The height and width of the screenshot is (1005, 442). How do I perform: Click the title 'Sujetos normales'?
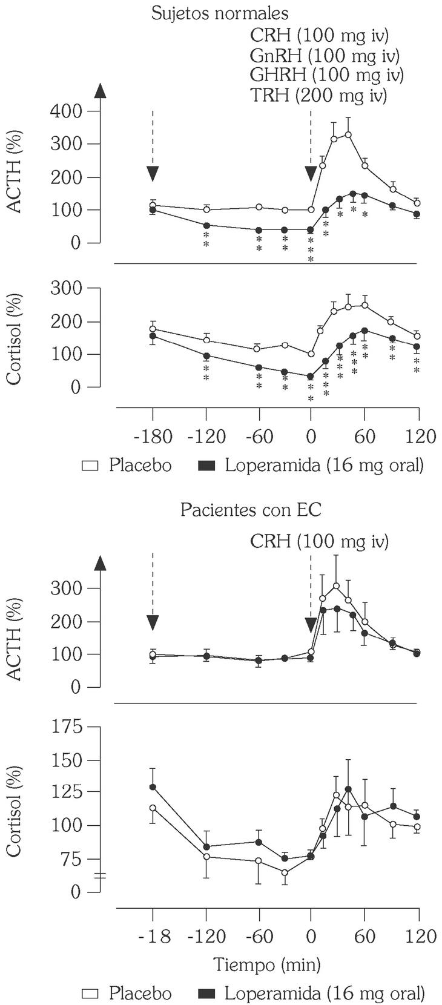220,13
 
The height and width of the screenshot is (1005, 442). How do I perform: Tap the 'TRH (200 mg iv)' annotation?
319,95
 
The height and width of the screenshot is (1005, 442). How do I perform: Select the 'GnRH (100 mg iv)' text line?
325,56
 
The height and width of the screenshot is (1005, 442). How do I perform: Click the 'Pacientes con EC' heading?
251,510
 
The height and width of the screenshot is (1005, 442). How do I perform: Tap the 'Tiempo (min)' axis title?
267,963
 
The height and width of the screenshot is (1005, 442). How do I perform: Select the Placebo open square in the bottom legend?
91,993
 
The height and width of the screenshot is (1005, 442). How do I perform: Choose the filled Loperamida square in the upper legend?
207,466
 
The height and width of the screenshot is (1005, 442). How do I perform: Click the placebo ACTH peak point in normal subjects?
348,134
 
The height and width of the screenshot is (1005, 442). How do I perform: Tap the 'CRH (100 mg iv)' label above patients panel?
319,541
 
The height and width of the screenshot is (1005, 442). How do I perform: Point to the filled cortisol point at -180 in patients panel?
153,787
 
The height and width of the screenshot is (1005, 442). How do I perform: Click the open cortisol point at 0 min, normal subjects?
311,354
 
